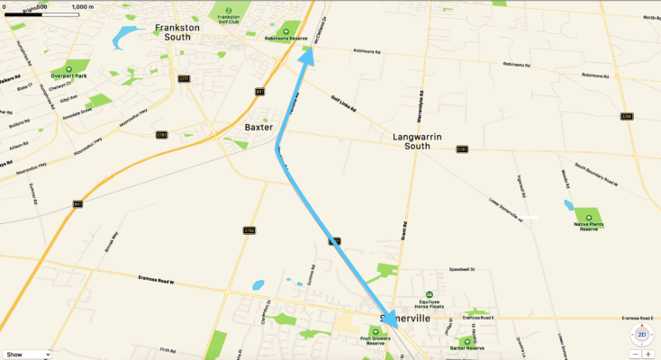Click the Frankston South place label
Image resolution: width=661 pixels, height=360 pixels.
[x=183, y=33]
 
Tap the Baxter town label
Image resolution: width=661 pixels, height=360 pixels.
[x=258, y=128]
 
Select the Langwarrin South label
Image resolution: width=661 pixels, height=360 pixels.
[x=423, y=141]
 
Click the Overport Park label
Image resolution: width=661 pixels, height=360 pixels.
[x=68, y=76]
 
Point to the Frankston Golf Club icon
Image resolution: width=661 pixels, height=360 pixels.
[x=230, y=8]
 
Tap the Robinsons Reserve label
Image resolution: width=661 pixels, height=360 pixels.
[x=286, y=39]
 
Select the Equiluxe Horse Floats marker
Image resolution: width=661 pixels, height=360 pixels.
[x=430, y=294]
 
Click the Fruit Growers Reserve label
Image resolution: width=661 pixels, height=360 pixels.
[x=373, y=343]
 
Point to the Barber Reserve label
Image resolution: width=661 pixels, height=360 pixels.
[x=467, y=348]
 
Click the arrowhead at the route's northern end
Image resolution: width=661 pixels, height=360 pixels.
[x=307, y=56]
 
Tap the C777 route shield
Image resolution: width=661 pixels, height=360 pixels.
[x=184, y=79]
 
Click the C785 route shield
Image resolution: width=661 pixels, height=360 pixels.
[x=249, y=230]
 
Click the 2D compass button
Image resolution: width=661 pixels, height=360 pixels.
[x=642, y=335]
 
